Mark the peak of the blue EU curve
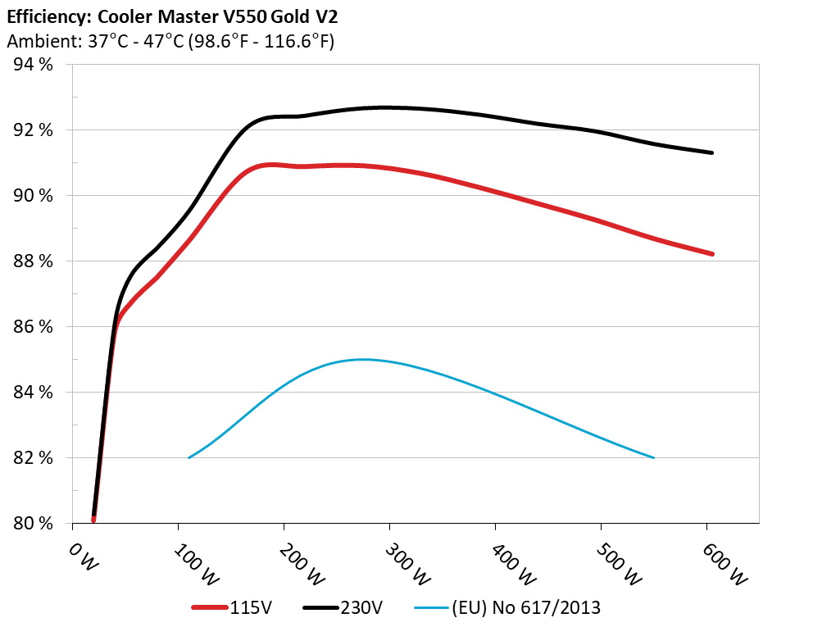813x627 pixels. coord(361,359)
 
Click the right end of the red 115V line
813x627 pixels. coord(712,254)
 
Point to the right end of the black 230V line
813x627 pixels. coord(712,153)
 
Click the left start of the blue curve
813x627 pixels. coord(189,457)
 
